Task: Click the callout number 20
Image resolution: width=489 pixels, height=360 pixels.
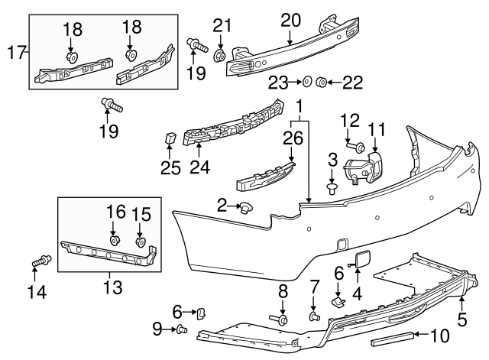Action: click(x=290, y=19)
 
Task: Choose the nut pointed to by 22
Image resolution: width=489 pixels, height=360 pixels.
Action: click(x=322, y=81)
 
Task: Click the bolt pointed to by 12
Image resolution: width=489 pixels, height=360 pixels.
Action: click(x=356, y=144)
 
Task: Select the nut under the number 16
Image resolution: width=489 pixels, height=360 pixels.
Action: click(x=115, y=241)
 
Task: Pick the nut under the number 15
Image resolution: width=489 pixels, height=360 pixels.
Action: click(x=140, y=242)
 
